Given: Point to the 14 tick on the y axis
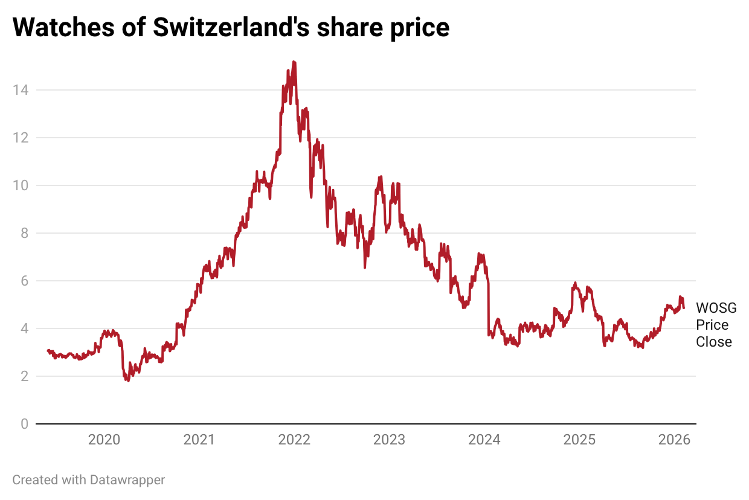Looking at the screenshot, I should point(20,90).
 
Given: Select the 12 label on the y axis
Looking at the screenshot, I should point(20,138).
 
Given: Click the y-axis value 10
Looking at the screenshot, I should point(20,185).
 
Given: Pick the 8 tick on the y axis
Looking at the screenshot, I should point(24,233).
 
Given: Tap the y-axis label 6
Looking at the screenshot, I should point(24,281).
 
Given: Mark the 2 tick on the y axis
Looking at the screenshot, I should point(24,376).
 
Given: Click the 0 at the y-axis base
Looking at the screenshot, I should point(24,424).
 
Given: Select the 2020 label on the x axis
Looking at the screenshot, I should point(104,440).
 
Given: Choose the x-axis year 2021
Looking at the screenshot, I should point(199,440).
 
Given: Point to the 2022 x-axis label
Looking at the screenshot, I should point(294,440).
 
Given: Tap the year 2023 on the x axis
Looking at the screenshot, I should point(389,440).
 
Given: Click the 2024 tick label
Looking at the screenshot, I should point(484,440).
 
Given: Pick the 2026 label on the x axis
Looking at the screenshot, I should point(674,440).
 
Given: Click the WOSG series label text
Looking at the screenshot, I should point(716,308).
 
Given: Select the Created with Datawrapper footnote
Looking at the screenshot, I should point(89,480).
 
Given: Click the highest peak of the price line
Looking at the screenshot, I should point(294,62).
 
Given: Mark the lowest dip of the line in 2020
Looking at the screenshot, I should point(128,381).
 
